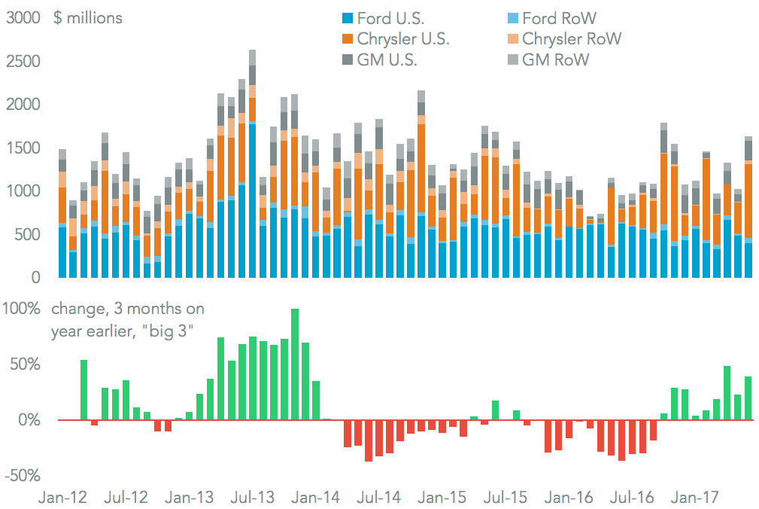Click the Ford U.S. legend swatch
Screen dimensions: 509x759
(347, 18)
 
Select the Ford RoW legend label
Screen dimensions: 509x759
(559, 18)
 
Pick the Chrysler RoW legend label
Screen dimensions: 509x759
(572, 39)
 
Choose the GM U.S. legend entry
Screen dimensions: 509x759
(387, 60)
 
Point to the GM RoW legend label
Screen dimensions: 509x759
(555, 60)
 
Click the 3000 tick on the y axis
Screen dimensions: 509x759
(23, 19)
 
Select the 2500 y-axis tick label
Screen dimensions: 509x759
(23, 62)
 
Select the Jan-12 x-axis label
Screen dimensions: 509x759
(62, 498)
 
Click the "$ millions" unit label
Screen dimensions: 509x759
(87, 19)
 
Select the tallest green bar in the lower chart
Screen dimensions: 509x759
(295, 364)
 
